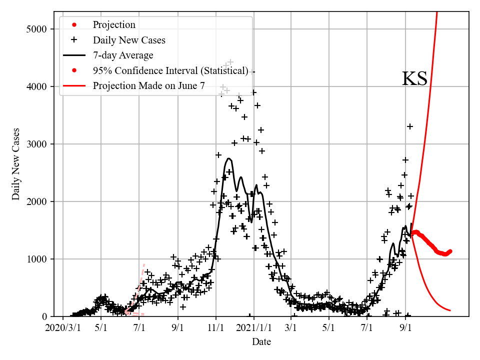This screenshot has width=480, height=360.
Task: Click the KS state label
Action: (x=414, y=79)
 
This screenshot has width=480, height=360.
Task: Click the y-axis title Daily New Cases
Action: (x=16, y=164)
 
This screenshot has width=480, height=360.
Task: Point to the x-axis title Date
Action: (x=261, y=342)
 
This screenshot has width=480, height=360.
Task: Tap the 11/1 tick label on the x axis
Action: (x=216, y=328)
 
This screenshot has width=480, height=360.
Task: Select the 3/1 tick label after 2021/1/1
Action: (x=291, y=328)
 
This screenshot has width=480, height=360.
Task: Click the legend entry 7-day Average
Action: (x=123, y=55)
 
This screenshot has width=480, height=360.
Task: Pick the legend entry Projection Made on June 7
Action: (x=148, y=85)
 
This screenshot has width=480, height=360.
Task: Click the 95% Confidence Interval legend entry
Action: (x=170, y=70)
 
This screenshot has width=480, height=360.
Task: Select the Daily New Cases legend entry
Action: (x=129, y=40)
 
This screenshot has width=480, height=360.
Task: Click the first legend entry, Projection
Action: (x=114, y=24)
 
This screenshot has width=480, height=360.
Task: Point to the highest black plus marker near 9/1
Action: (x=410, y=126)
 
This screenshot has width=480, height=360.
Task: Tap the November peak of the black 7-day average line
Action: (x=228, y=158)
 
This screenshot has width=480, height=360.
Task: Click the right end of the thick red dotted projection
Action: (x=450, y=251)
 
